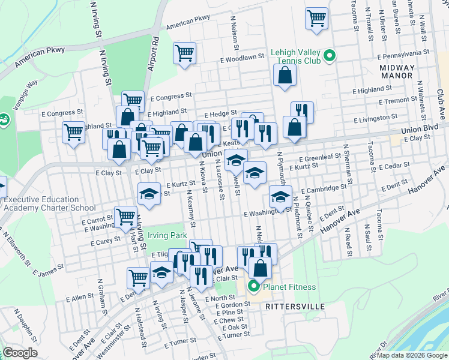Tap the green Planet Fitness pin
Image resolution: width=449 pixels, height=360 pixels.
coord(253,287)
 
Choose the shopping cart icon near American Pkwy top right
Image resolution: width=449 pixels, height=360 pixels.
coord(316,18)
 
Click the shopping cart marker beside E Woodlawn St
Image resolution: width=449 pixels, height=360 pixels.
coord(185,53)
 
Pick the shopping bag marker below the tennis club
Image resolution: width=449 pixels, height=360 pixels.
coord(285,75)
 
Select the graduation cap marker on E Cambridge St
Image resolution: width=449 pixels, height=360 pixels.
coord(280,196)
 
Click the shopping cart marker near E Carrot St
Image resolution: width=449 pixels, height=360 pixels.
coord(125,217)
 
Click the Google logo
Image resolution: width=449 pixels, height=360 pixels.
coord(20,353)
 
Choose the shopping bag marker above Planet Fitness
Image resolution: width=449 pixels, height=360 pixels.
coord(260,268)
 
